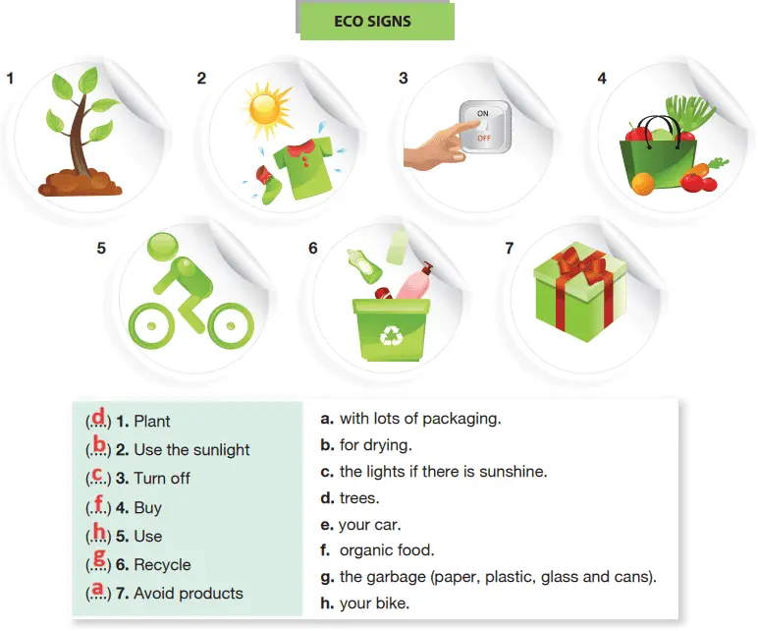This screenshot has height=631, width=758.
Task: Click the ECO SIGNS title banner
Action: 375,22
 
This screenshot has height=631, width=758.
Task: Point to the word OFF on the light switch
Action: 484,139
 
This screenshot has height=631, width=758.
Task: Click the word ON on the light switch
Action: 483,113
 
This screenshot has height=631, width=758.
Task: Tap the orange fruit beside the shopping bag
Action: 643,185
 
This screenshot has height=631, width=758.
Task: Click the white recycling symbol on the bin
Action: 391,335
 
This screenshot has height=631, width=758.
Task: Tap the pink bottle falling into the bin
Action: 413,282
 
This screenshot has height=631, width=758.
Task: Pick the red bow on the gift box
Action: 580,266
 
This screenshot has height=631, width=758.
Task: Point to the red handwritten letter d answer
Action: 98,416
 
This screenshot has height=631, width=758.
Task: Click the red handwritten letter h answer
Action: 99,532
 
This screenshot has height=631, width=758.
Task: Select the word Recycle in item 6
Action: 162,565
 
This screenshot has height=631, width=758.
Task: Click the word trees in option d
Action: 359,498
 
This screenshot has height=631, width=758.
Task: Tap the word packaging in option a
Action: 461,419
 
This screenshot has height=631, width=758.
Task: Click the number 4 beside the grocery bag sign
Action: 602,79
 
